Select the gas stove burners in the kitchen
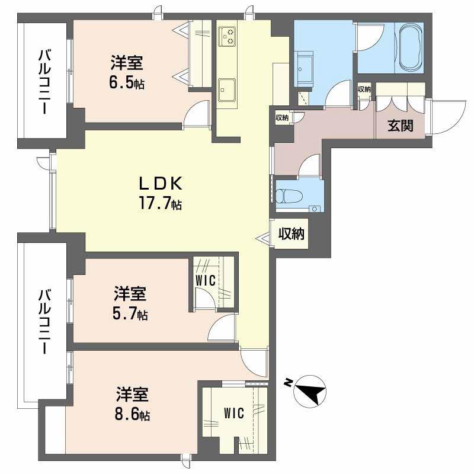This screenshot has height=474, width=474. coord(228,37)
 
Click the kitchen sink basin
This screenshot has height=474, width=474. coord(227,90)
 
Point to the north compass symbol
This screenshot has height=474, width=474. coord(310,390)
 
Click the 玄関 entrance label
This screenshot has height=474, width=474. coord(401,126)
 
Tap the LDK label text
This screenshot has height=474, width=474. coord(161,184)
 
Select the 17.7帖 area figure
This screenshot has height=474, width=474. coord(160,203)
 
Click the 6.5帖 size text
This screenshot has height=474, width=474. coord(127,82)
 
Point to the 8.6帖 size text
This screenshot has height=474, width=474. coord(132,414)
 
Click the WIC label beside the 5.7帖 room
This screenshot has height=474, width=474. coord(206,280)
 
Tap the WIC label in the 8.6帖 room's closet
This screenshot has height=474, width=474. coord(234,413)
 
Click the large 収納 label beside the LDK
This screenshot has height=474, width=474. coord(292,233)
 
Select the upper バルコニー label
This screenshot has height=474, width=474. coord(44,82)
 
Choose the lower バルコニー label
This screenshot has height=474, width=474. coord(44,321)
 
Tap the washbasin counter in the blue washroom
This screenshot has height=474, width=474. coord(303,70)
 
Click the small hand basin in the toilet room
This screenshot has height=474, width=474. coord(315,209)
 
